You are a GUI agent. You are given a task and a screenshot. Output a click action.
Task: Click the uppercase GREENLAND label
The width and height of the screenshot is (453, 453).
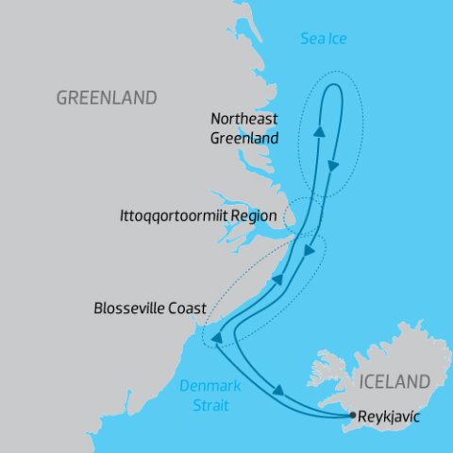coord(107,98)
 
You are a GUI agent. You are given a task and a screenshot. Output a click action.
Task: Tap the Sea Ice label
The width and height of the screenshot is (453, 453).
coord(324,39)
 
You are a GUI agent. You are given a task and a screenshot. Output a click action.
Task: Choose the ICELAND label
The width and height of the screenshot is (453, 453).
coord(394,382)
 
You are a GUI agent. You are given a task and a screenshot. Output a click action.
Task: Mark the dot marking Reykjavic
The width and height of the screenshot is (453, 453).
coord(352,415)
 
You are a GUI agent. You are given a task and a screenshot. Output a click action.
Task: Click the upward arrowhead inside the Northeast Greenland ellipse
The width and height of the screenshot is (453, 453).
coord(318,132)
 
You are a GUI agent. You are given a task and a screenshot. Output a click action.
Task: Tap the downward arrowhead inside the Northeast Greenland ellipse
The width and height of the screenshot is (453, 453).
coord(333,166)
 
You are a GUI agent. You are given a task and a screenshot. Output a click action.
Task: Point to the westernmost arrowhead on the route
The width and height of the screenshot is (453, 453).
coord(216,338)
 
